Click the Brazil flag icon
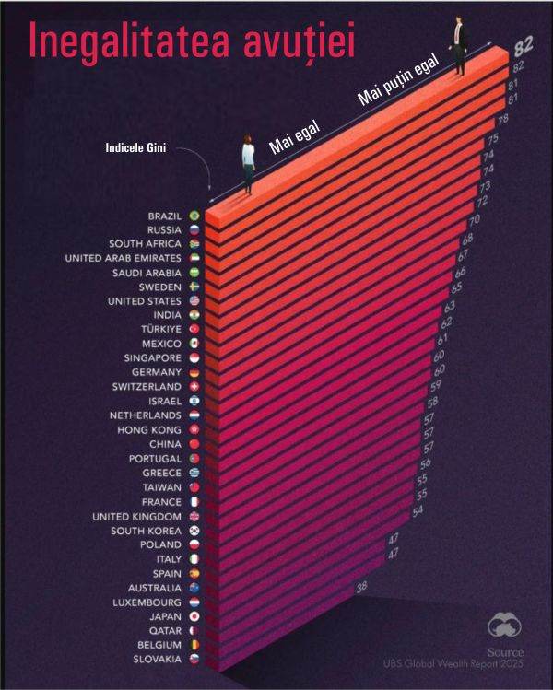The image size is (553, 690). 194,216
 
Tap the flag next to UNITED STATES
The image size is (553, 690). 194,300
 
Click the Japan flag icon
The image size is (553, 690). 194,615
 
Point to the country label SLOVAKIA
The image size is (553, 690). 156,658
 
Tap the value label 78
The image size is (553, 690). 503,120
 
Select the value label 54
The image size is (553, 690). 418,510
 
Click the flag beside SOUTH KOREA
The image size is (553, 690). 194,531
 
